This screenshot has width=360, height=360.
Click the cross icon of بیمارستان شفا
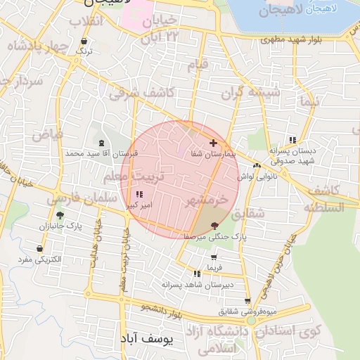tap(213, 143)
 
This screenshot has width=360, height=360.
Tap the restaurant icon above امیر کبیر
tap(138, 195)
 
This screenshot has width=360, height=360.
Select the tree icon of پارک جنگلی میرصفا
tap(214, 225)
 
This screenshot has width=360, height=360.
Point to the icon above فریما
tap(213, 258)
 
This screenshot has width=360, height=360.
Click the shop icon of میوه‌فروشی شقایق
tap(247, 300)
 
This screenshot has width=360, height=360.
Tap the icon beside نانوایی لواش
tap(257, 166)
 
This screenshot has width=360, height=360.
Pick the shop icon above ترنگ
tap(84, 41)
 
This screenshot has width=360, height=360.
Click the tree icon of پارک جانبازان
tap(60, 216)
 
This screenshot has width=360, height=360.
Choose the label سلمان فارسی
tap(82, 200)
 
